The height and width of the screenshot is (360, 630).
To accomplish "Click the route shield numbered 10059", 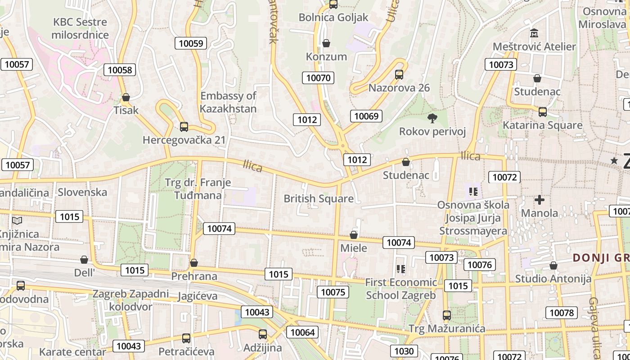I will point(191,43).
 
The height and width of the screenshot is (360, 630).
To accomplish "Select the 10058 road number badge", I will point(120,70).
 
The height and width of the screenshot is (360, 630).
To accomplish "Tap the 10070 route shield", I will point(318,78).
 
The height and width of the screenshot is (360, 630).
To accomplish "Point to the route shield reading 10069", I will point(366,116).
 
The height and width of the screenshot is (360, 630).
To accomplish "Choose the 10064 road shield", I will point(303,333).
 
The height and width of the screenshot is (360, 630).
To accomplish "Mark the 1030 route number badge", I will point(404,351).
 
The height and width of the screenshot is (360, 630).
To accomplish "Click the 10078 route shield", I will point(562,313).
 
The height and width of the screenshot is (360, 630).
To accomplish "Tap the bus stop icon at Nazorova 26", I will point(399,75).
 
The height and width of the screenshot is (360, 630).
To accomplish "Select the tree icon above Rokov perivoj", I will point(432,118).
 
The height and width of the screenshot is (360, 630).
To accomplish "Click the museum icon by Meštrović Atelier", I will point(534,33).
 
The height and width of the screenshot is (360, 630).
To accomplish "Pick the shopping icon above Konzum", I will point(326,43).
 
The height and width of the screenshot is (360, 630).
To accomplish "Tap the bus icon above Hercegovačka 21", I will point(184,127).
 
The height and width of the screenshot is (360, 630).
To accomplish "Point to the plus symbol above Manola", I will point(539,199).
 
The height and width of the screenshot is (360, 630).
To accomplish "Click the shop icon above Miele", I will point(354,235).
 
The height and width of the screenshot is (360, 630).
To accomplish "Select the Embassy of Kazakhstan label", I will point(228,102).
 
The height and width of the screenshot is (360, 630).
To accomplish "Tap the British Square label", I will point(318,198).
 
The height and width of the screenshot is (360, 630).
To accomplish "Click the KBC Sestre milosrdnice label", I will point(80,28).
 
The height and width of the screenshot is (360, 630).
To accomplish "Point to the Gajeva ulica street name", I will point(594,326).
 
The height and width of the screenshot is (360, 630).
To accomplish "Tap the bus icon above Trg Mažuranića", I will point(446,315).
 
